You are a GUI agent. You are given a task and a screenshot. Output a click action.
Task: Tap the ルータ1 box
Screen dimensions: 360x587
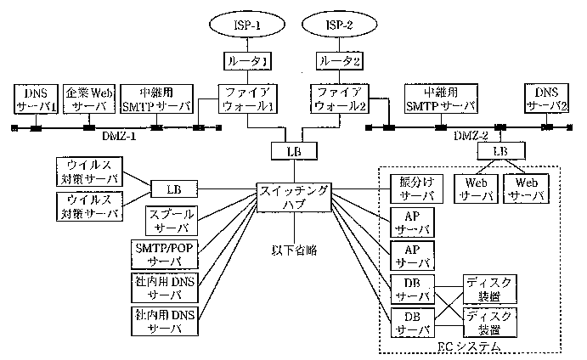click(248, 61)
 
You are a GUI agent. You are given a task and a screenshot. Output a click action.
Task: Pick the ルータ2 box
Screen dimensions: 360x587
click(340, 61)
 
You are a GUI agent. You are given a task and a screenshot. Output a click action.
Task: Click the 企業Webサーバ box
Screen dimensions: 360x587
click(89, 98)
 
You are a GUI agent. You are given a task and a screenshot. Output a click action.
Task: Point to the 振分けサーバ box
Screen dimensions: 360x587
click(416, 188)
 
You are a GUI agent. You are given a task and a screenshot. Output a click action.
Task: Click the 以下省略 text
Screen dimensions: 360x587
click(295, 251)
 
